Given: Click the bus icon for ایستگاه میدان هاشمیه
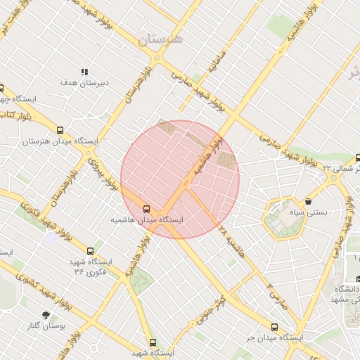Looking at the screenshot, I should pos(146,209).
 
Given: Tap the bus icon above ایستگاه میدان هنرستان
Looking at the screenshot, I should pos(60,130).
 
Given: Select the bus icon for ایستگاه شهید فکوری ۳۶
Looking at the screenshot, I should pos(89,251).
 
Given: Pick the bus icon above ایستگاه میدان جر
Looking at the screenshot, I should pos(274,327).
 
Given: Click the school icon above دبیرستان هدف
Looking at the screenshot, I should pos(84,72).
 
